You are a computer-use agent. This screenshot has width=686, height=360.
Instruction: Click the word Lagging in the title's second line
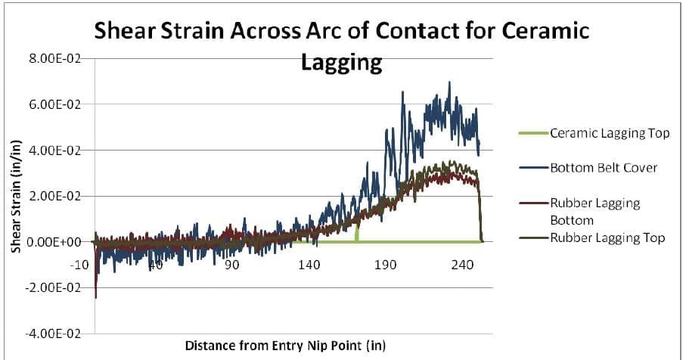[x=341, y=62]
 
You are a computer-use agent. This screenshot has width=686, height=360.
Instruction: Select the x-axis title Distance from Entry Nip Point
[x=286, y=346]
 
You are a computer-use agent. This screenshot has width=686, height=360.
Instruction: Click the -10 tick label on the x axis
[x=79, y=265]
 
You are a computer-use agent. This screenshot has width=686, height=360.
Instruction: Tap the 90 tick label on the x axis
[x=231, y=265]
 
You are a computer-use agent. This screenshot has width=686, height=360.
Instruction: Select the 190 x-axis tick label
[x=386, y=265]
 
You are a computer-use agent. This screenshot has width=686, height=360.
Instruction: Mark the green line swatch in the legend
[x=533, y=134]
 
